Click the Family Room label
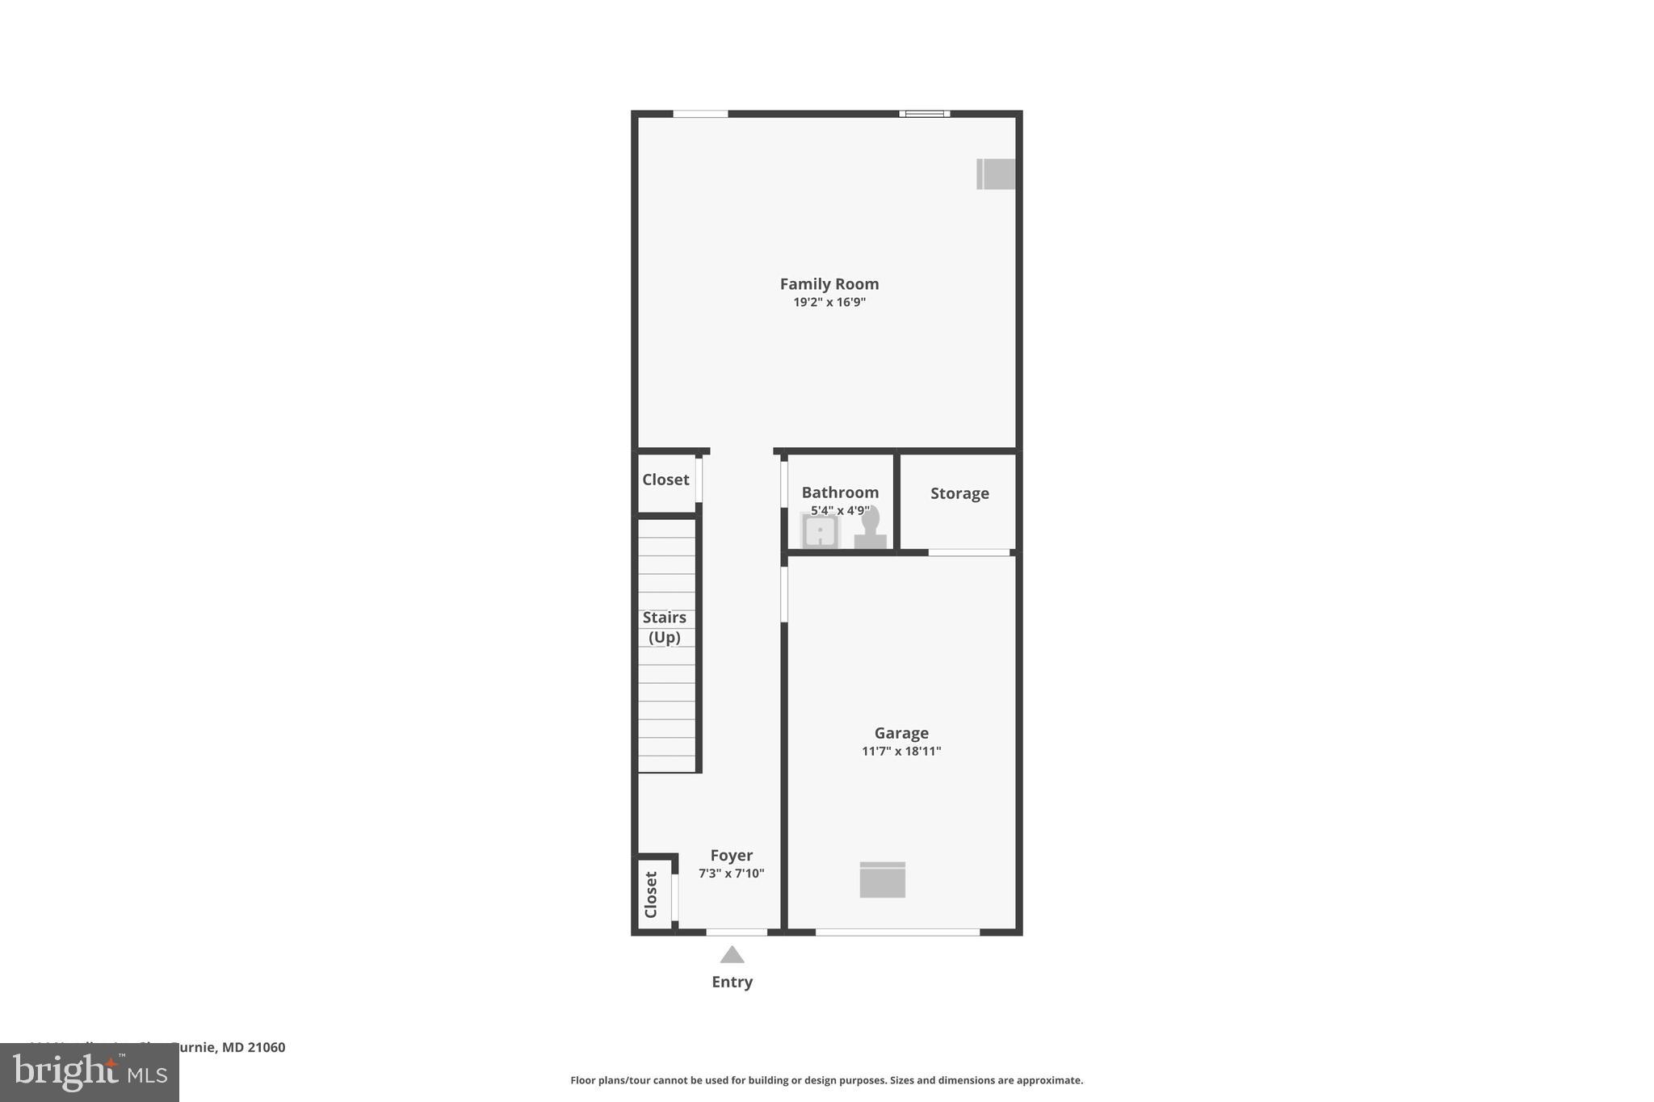click(829, 284)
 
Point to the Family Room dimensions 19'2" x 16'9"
click(829, 303)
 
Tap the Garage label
click(901, 733)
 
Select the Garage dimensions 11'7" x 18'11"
click(901, 752)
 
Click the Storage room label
click(959, 493)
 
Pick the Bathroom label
click(840, 492)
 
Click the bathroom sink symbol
click(820, 532)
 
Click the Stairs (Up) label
click(665, 627)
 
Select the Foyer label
click(732, 856)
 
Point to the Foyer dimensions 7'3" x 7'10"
click(732, 874)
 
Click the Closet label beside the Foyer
click(651, 895)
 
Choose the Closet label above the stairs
click(665, 480)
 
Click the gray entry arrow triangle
click(732, 956)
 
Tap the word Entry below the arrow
click(732, 983)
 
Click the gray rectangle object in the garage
click(882, 880)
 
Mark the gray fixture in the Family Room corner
click(996, 174)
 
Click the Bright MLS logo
click(90, 1073)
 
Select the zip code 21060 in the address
click(267, 1048)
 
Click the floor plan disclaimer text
click(826, 1080)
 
